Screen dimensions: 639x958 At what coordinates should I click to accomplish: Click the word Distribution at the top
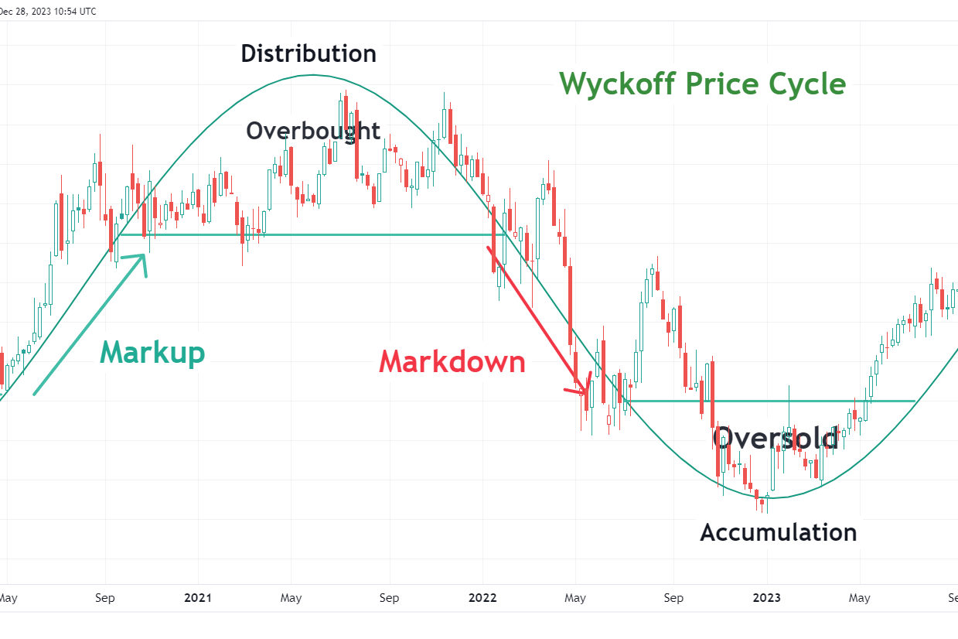pyautogui.click(x=309, y=53)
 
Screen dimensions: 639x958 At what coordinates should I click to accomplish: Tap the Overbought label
pyautogui.click(x=313, y=131)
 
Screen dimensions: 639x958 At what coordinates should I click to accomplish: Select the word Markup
pyautogui.click(x=153, y=353)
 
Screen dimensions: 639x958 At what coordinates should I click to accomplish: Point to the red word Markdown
pyautogui.click(x=452, y=362)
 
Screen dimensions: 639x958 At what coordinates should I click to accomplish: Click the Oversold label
pyautogui.click(x=776, y=439)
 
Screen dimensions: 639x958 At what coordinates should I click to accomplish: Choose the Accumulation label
pyautogui.click(x=779, y=532)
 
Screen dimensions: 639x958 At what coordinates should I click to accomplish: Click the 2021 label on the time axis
pyautogui.click(x=199, y=598)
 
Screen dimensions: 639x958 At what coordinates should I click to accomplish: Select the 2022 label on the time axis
pyautogui.click(x=483, y=598)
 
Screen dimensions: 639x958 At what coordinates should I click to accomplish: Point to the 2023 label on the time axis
pyautogui.click(x=767, y=598)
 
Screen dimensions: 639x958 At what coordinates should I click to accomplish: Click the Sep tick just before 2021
pyautogui.click(x=105, y=598)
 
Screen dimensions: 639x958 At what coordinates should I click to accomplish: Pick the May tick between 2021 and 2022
pyautogui.click(x=291, y=598)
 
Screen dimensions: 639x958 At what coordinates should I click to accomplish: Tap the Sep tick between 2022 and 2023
pyautogui.click(x=673, y=598)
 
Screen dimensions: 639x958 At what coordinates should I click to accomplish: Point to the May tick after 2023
pyautogui.click(x=859, y=598)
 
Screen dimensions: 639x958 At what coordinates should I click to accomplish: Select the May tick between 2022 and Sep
pyautogui.click(x=575, y=598)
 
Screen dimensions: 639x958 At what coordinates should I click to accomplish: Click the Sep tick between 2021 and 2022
pyautogui.click(x=389, y=598)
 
